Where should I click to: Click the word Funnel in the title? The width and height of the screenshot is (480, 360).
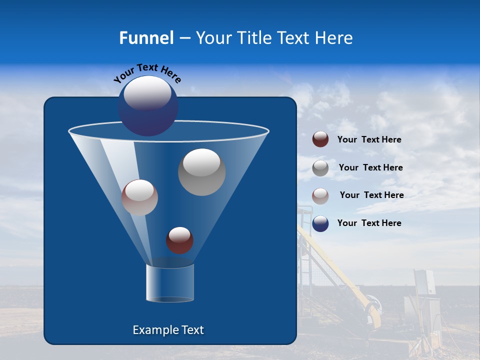pyautogui.click(x=146, y=38)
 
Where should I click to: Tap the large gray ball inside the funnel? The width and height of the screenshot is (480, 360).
pyautogui.click(x=202, y=173)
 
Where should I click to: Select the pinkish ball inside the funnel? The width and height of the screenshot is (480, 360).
pyautogui.click(x=140, y=197)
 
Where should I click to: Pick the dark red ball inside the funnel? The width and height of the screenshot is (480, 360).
pyautogui.click(x=179, y=240)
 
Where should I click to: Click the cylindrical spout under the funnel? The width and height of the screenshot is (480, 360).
pyautogui.click(x=170, y=283)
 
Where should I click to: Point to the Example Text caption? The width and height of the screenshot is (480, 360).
pyautogui.click(x=168, y=330)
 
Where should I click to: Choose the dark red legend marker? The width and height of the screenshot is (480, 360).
pyautogui.click(x=320, y=139)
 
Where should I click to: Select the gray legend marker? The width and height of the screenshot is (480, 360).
pyautogui.click(x=320, y=168)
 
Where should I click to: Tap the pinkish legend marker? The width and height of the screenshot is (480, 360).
pyautogui.click(x=320, y=195)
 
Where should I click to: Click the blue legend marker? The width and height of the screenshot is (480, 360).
pyautogui.click(x=320, y=223)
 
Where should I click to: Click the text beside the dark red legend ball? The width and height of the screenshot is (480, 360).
pyautogui.click(x=369, y=140)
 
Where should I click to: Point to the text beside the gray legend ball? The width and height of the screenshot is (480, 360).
pyautogui.click(x=370, y=168)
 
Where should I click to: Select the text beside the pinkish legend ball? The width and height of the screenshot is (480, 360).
pyautogui.click(x=371, y=195)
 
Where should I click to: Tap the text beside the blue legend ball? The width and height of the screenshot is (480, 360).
pyautogui.click(x=369, y=223)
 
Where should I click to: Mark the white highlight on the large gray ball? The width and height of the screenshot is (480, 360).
pyautogui.click(x=201, y=162)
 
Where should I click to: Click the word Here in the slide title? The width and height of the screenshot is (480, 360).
pyautogui.click(x=334, y=38)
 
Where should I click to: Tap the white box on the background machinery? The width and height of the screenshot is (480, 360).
pyautogui.click(x=424, y=281)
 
